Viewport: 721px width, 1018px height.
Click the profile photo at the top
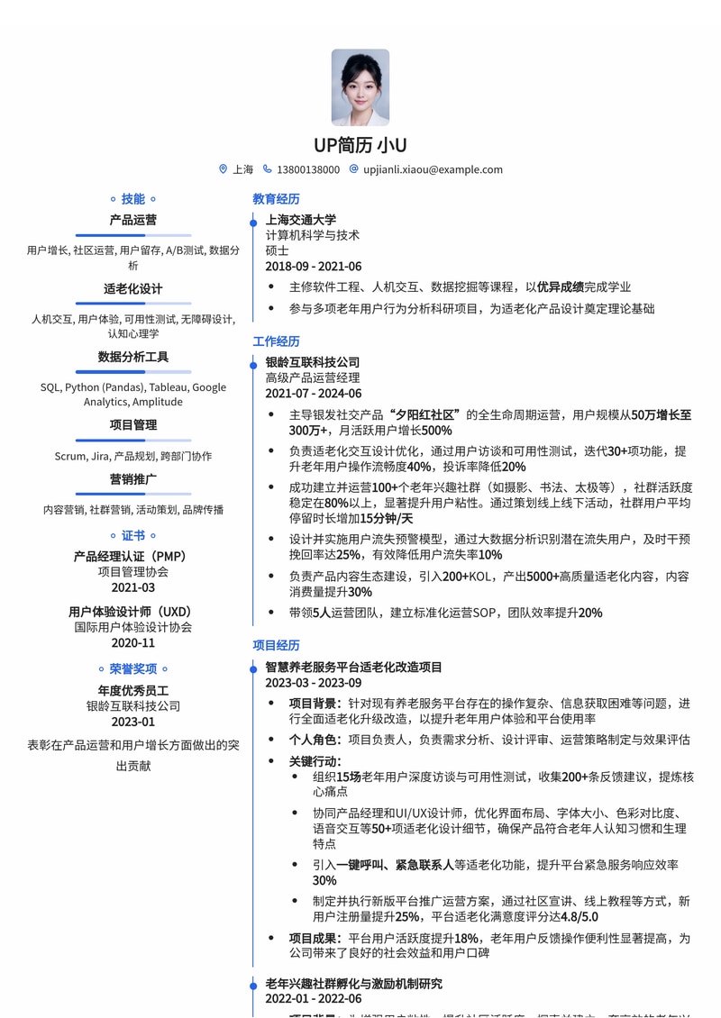coord(360,86)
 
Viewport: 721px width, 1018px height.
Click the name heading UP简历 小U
coord(360,145)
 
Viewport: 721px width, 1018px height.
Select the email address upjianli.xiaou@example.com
coord(433,169)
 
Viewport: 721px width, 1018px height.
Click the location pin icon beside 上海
coord(224,169)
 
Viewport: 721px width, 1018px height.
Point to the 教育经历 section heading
coord(276,199)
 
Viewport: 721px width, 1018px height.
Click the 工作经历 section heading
coord(276,341)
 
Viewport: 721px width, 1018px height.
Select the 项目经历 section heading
coord(276,645)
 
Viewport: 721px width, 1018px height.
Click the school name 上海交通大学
coord(300,219)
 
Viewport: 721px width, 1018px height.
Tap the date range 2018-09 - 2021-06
coord(313,267)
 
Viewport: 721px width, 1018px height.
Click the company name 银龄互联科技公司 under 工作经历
coord(312,362)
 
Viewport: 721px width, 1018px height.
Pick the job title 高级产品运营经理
coord(312,377)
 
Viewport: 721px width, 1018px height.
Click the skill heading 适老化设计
coord(133,289)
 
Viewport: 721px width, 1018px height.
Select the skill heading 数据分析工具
coord(133,357)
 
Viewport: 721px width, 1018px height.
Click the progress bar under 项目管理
coord(133,440)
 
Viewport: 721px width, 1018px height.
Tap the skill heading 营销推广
coord(133,478)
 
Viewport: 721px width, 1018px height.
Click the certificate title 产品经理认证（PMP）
coord(133,557)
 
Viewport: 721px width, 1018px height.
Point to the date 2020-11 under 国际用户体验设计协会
coord(133,642)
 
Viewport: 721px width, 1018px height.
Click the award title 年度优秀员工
coord(133,691)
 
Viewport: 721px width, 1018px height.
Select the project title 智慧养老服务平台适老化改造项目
coord(353,668)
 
